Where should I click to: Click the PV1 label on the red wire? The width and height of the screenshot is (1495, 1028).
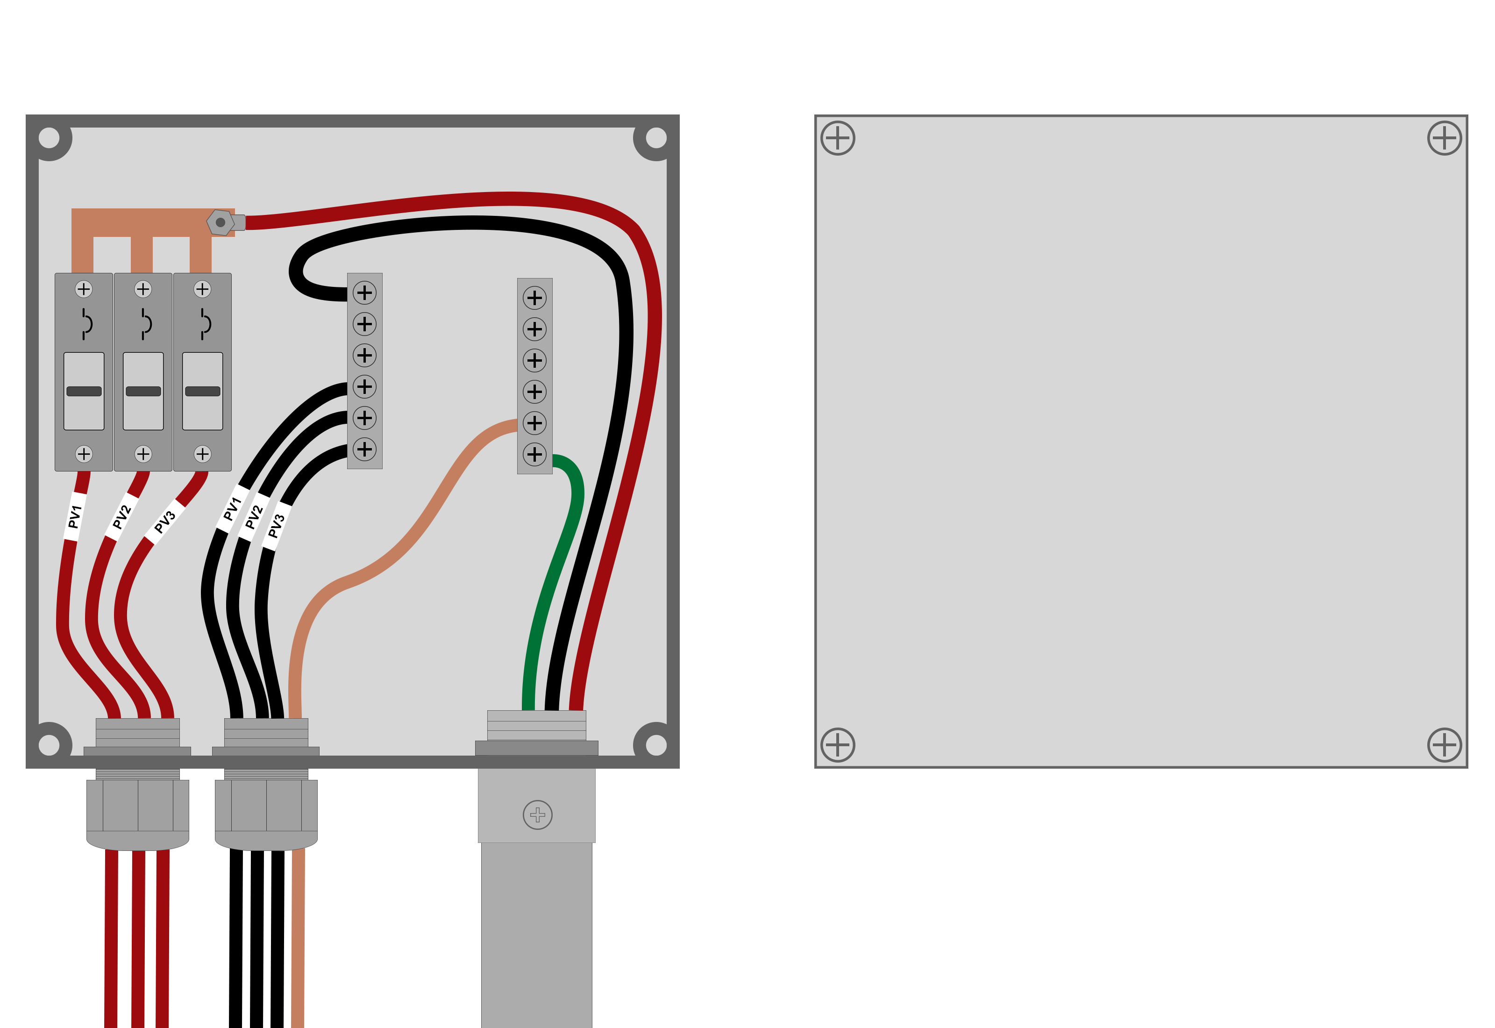click(x=75, y=517)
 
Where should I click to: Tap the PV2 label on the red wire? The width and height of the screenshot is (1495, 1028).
click(x=121, y=517)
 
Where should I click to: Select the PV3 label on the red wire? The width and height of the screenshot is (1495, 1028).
click(x=165, y=522)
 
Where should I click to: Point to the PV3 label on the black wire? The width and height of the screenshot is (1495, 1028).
click(x=276, y=526)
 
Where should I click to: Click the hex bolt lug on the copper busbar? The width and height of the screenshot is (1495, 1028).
click(x=220, y=222)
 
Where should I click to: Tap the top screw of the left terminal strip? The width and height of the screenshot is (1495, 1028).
click(x=364, y=293)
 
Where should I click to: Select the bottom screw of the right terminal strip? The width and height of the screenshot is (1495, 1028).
click(x=534, y=454)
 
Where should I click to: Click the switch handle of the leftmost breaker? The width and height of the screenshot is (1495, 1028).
click(x=84, y=391)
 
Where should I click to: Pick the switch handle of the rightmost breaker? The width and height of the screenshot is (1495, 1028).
click(x=202, y=391)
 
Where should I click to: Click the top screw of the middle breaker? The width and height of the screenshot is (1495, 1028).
click(x=143, y=289)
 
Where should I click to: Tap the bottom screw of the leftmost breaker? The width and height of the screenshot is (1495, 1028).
click(x=84, y=454)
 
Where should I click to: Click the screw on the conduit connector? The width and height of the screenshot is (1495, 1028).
click(x=538, y=815)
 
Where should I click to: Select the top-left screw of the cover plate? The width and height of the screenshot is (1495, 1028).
click(x=838, y=138)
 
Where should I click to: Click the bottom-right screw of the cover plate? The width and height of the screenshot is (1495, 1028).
click(x=1445, y=745)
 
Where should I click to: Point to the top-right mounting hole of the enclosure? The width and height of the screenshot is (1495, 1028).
click(x=656, y=138)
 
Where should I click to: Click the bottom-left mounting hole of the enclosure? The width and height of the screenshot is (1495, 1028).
click(x=49, y=745)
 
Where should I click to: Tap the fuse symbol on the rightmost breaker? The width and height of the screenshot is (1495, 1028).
click(x=205, y=323)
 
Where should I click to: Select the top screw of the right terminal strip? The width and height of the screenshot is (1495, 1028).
click(x=534, y=298)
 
